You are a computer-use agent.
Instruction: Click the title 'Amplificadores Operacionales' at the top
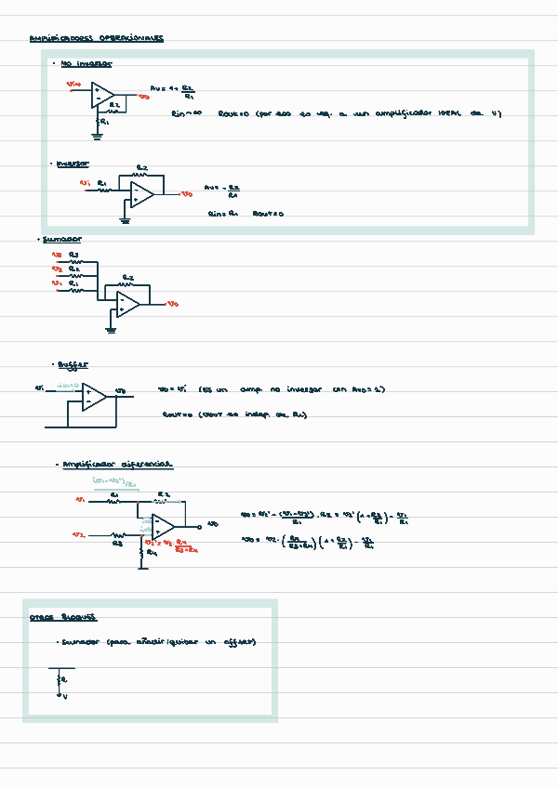pyautogui.click(x=97, y=39)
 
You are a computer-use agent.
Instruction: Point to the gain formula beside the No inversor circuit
pyautogui.click(x=173, y=91)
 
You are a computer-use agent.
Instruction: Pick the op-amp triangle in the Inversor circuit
pyautogui.click(x=142, y=194)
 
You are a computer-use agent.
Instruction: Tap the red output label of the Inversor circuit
pyautogui.click(x=187, y=194)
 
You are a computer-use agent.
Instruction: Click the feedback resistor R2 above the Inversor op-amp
pyautogui.click(x=141, y=173)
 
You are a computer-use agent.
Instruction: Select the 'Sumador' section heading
pyautogui.click(x=61, y=239)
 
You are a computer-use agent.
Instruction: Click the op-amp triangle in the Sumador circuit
pyautogui.click(x=128, y=304)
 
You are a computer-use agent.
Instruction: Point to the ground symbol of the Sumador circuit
pyautogui.click(x=111, y=328)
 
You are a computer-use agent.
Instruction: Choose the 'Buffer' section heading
pyautogui.click(x=73, y=365)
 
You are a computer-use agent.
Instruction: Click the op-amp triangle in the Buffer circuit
pyautogui.click(x=93, y=396)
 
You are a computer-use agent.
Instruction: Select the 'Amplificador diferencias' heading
pyautogui.click(x=116, y=464)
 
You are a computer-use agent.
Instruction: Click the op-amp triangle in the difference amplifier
pyautogui.click(x=164, y=526)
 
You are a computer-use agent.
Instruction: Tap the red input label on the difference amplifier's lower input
pyautogui.click(x=80, y=535)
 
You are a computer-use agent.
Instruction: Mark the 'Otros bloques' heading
pyautogui.click(x=63, y=617)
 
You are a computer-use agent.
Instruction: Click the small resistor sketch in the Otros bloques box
pyautogui.click(x=62, y=681)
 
